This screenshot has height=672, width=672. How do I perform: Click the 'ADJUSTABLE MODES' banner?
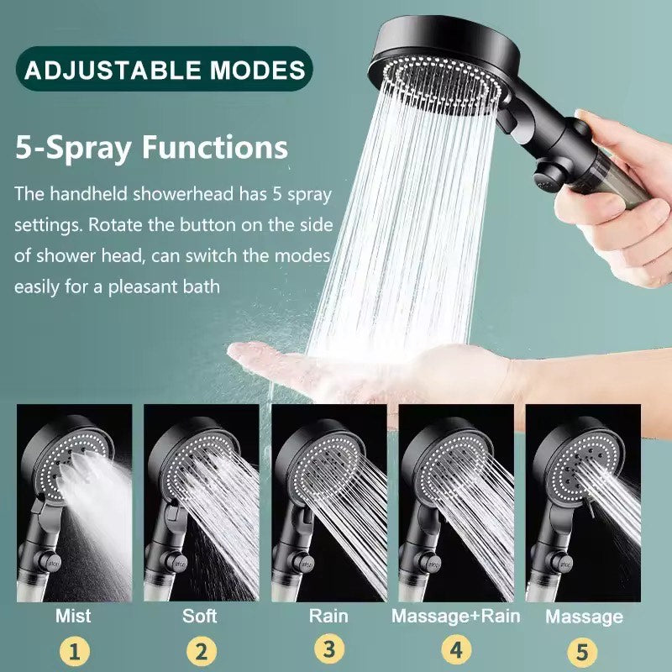click(x=164, y=69)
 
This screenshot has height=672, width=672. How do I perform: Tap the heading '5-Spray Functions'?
click(x=151, y=148)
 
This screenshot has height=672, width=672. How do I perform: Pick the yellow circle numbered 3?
click(x=328, y=649)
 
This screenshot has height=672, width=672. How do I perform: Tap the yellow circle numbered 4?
click(x=456, y=650)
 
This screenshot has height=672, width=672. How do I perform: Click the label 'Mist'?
click(x=73, y=616)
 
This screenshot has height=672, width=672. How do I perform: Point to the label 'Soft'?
click(x=200, y=616)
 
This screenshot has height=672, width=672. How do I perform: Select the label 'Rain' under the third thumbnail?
click(x=328, y=616)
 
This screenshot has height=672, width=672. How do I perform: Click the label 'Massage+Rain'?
click(x=455, y=616)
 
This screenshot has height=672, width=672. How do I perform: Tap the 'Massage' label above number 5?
click(x=584, y=617)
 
